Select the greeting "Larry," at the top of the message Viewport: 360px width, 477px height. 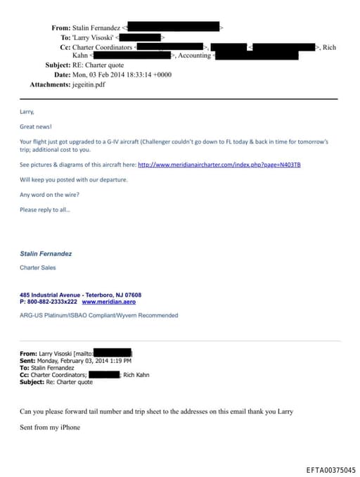pos(27,111)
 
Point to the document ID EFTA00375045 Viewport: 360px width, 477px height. pos(330,469)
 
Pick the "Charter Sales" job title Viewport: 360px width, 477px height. pos(39,268)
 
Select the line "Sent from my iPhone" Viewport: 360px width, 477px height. pos(50,426)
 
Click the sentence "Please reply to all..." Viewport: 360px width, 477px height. pos(45,209)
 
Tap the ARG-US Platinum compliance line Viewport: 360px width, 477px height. pos(98,315)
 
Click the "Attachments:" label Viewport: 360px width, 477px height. pos(51,84)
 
